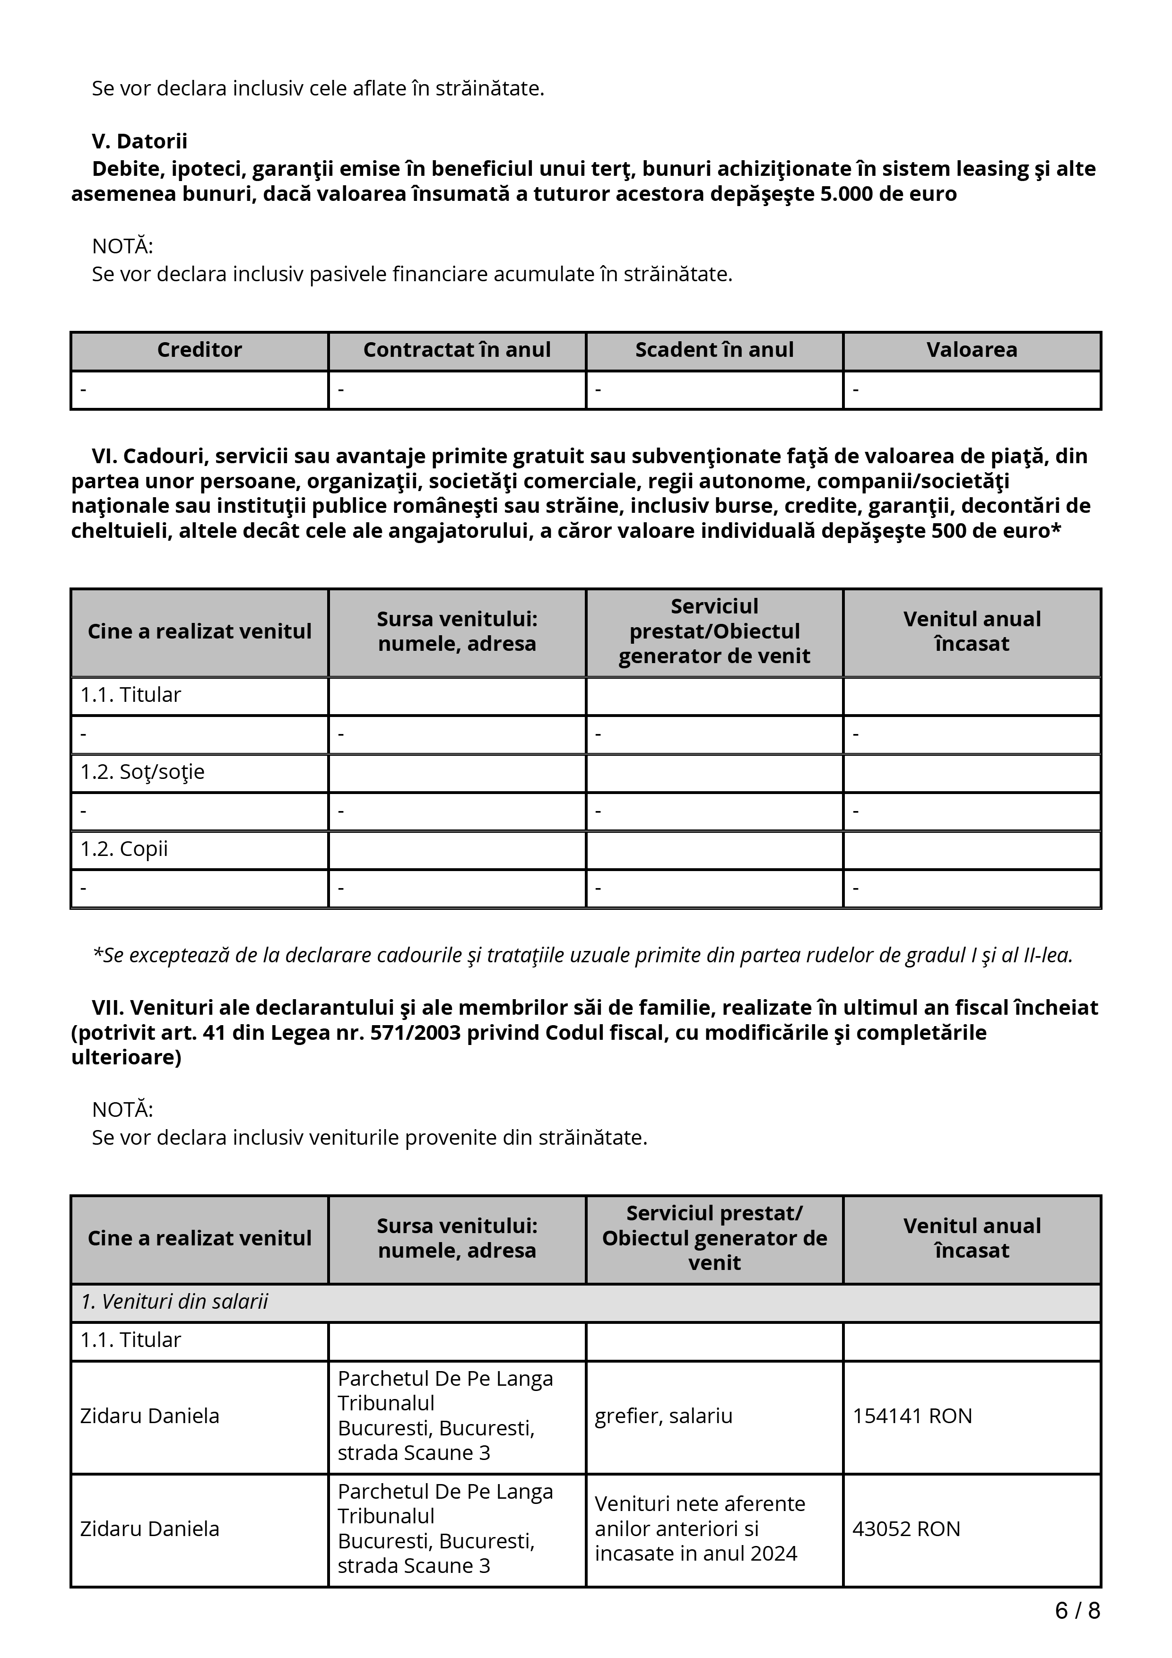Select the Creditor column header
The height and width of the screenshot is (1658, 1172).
[200, 350]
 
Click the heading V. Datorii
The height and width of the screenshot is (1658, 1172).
[139, 141]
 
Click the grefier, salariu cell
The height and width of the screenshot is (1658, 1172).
[663, 1416]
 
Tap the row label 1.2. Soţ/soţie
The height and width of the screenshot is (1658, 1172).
[142, 772]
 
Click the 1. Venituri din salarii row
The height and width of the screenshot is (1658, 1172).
[174, 1302]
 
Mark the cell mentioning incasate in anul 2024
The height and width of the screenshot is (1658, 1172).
[695, 1529]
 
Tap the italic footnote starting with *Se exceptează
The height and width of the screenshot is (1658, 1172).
[582, 955]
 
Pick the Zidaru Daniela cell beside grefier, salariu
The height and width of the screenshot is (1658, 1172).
[149, 1416]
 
